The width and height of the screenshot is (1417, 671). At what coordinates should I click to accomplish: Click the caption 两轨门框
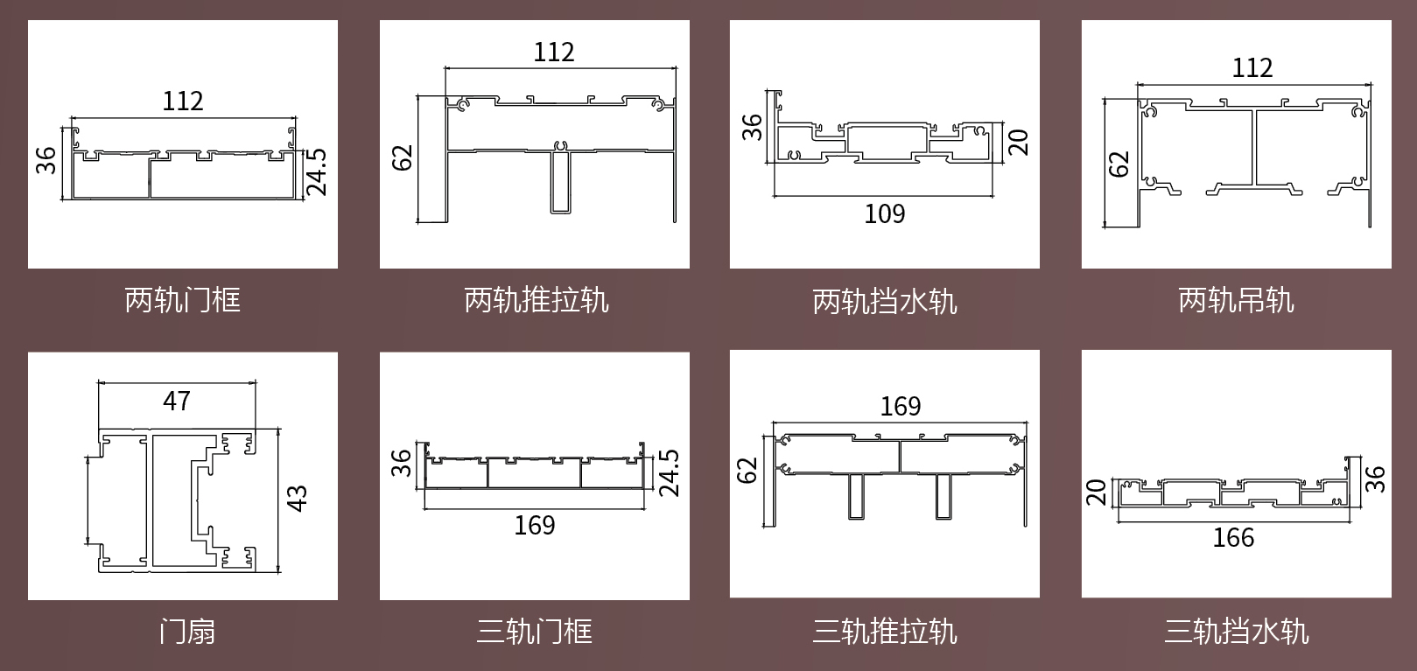coord(182,300)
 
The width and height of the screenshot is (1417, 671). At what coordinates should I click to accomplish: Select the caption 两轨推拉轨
coord(536,300)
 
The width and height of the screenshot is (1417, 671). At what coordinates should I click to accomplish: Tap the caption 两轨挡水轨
coord(885,302)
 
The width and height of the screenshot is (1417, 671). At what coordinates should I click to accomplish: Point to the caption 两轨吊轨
coord(1236,300)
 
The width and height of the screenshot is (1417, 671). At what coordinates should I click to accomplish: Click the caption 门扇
coord(186,631)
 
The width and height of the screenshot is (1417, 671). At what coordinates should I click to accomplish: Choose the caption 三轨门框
coord(534,631)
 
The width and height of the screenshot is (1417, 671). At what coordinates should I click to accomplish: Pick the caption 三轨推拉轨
coord(885,631)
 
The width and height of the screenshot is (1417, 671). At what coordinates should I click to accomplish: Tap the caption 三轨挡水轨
coord(1236,631)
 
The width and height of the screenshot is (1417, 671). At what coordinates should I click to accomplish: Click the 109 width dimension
coord(885,213)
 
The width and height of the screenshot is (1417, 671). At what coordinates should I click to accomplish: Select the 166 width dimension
coord(1233,537)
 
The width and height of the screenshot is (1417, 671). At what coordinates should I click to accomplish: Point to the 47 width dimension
coord(177,401)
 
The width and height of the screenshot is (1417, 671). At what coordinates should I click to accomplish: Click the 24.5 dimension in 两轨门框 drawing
coord(317,171)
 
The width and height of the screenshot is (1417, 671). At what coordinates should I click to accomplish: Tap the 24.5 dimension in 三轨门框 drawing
coord(669,472)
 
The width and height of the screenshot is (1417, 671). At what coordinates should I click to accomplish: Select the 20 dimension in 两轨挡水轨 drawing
coord(1018,141)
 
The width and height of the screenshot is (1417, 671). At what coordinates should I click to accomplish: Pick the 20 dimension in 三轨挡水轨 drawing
coord(1097,493)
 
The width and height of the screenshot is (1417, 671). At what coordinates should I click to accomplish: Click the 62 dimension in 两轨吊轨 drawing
coord(1119,164)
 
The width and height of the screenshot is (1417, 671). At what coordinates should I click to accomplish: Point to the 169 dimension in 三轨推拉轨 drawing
coord(901,406)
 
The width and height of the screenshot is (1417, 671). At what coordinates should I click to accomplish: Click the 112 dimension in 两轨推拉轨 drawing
coord(554,52)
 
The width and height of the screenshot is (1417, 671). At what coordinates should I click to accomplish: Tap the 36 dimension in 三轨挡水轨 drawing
coord(1375,479)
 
